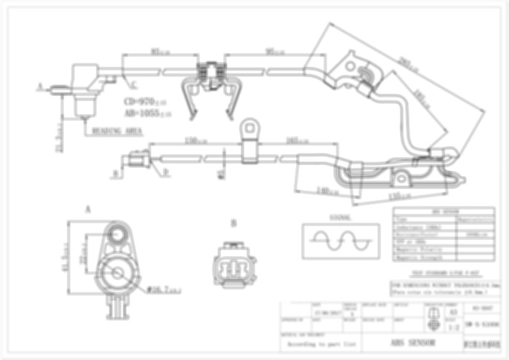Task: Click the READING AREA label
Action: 116,132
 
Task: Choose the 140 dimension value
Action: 327,191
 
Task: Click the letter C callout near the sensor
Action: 124,86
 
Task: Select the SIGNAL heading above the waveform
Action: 340,217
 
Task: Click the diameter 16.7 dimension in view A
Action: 164,289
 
